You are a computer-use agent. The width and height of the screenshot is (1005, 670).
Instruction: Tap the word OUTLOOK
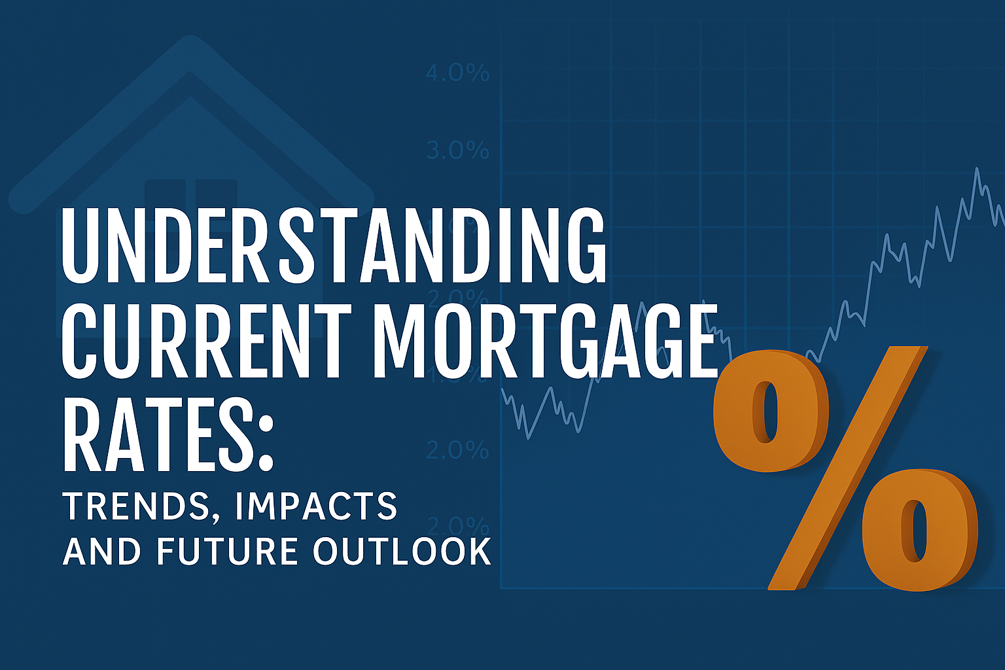[402, 551]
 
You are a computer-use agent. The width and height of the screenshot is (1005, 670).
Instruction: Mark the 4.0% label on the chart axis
[457, 73]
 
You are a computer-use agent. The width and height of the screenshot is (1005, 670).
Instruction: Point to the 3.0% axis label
[457, 150]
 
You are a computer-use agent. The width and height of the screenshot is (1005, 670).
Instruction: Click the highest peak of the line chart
[977, 169]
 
